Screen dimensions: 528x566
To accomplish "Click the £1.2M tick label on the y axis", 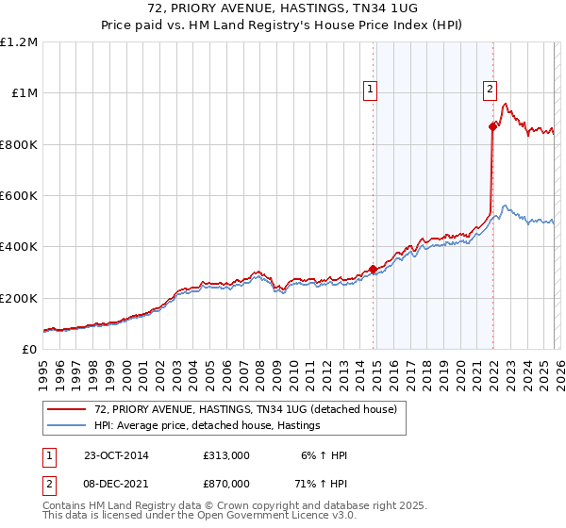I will click(x=19, y=42).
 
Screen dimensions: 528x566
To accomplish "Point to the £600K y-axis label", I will click(x=19, y=196).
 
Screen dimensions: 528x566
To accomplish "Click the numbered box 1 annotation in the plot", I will click(x=370, y=91).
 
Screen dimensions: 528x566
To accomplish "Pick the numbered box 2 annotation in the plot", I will click(x=491, y=91).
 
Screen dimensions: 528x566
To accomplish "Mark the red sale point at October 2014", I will click(x=373, y=269).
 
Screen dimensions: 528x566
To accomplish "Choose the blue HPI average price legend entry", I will click(x=208, y=425).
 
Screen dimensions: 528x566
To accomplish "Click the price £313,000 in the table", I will click(x=226, y=455).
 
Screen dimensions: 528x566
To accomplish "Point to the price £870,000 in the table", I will click(x=226, y=484).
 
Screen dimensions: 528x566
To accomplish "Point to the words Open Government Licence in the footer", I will click(x=261, y=517).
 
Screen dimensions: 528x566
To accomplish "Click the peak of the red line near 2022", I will click(x=505, y=104).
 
